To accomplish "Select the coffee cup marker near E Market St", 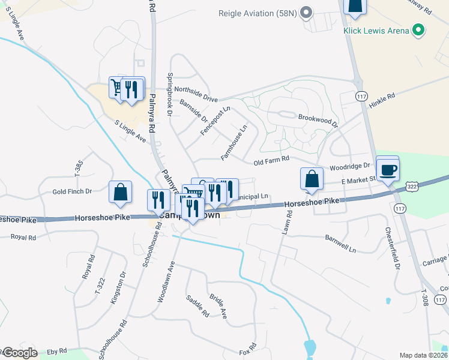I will pos(388,169).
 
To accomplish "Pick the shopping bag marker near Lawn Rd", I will pos(312,179).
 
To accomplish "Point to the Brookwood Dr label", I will pos(318,119).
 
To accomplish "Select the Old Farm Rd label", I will pos(271,160).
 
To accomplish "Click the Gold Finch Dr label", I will pos(71,191).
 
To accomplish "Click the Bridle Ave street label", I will pos(218,305).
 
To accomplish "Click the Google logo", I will pos(19,353).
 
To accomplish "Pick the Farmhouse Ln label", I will pos(234,142).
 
